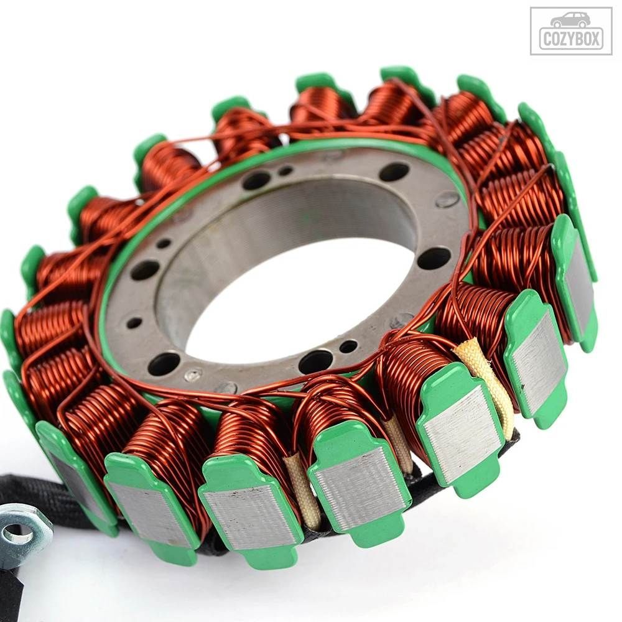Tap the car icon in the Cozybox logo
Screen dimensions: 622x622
coord(570,21)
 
